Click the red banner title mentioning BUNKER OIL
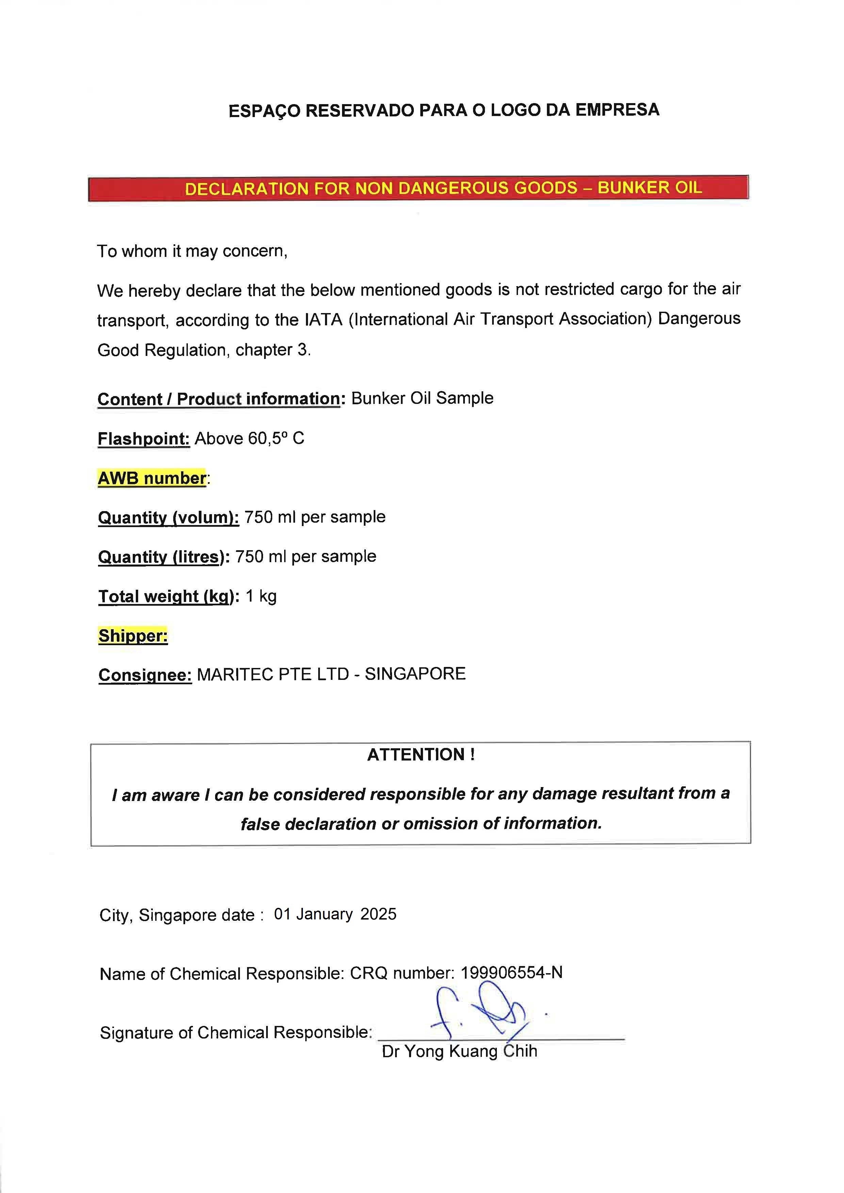pos(443,188)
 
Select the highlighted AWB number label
pos(152,478)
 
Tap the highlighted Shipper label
pos(133,636)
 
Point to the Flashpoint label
pos(143,439)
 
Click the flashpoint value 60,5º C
pos(275,439)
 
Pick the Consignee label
pos(145,675)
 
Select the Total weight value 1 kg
pos(261,596)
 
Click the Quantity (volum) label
pos(168,518)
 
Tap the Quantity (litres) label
pos(163,557)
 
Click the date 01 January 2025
pos(335,914)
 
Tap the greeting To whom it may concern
pos(192,251)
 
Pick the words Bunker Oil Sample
pos(422,398)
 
